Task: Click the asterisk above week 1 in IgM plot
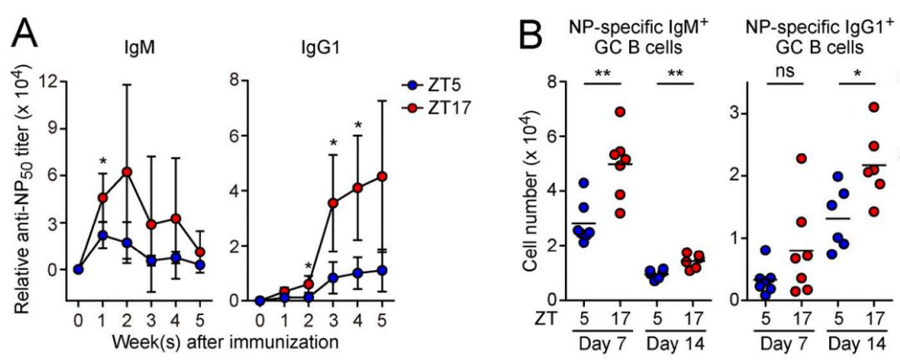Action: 102,162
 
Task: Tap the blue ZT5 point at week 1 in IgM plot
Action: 102,236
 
